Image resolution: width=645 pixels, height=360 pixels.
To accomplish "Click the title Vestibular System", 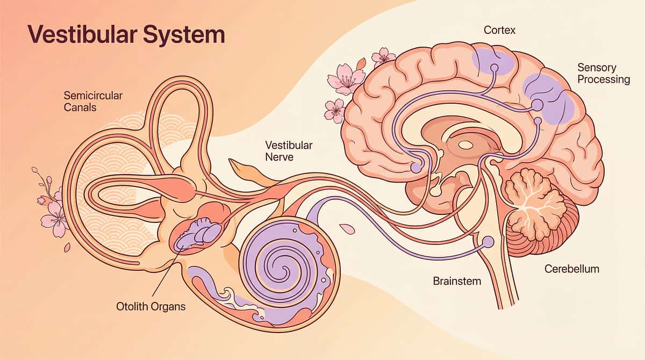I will [x=126, y=35].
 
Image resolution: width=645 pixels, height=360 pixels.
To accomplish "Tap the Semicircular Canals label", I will [x=93, y=102].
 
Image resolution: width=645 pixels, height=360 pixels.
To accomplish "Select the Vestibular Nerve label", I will [x=289, y=151].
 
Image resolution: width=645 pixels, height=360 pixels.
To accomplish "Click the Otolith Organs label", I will [x=150, y=307].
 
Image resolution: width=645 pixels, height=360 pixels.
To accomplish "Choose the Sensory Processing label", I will [x=603, y=74].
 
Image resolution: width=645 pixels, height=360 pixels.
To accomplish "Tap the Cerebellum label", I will [x=571, y=269].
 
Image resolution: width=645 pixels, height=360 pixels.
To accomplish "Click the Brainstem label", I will [x=457, y=281].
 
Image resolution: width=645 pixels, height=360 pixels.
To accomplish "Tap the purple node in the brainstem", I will [x=488, y=242].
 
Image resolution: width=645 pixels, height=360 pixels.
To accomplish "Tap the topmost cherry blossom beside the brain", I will [x=384, y=56].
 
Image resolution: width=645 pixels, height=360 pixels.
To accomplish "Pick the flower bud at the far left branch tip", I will [x=35, y=170].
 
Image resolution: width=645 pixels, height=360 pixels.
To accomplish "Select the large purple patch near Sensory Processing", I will [x=548, y=97].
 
